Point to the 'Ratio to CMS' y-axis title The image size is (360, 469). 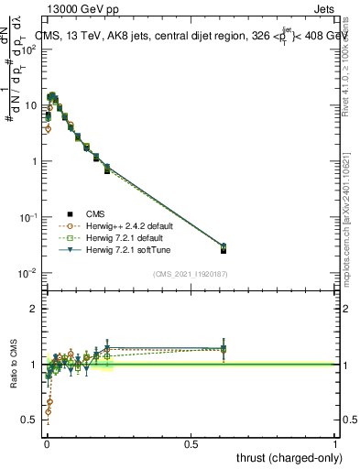[x=13, y=365]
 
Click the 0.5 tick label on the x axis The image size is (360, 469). [x=191, y=444]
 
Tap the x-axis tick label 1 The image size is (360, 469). [x=335, y=444]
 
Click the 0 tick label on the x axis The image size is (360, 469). [x=47, y=444]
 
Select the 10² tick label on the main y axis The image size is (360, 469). [x=29, y=49]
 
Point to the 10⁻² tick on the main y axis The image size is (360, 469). [x=29, y=273]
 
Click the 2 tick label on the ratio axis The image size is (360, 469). [x=36, y=309]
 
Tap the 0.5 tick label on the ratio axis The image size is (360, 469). [x=32, y=420]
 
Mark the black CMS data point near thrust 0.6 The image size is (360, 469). [x=224, y=250]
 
